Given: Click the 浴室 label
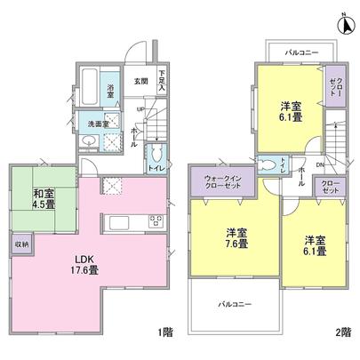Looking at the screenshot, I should tap(112, 90).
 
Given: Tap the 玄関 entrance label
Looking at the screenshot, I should tap(140, 81).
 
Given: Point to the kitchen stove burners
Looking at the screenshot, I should tap(153, 221).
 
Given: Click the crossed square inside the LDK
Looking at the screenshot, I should tap(112, 184).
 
